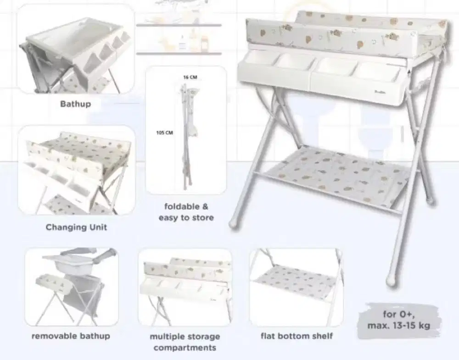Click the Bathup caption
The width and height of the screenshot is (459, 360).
pos(76,104)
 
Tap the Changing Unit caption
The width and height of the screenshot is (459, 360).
pos(76,227)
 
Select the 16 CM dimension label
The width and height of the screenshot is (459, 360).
pos(190,78)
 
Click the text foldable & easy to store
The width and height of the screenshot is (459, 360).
pos(186,212)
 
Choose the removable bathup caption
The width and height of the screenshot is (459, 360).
pos(71,336)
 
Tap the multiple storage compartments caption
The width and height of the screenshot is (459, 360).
pos(185,342)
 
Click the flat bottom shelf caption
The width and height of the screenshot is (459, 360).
pos(297,336)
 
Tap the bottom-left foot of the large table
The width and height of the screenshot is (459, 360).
pos(235,224)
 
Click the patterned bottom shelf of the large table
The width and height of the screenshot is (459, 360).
pos(340,175)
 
